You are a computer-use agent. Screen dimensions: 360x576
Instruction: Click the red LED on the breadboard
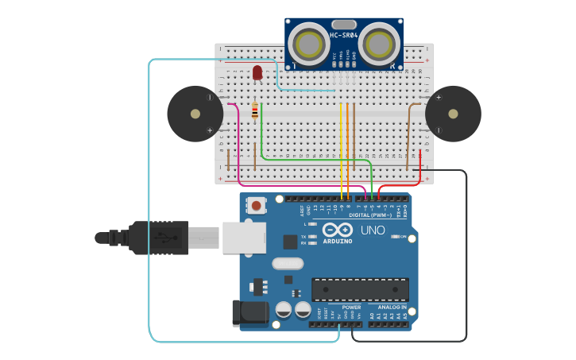coord(257,73)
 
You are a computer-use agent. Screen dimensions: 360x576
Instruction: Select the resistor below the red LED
coord(255,111)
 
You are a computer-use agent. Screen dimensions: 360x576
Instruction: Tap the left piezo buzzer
coord(195,114)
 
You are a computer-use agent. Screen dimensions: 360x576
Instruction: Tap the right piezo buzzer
coord(453,114)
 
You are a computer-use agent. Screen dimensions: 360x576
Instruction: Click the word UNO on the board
coord(373,230)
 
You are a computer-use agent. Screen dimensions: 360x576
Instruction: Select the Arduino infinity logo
coord(337,230)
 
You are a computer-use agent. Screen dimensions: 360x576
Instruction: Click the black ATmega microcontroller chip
coord(360,289)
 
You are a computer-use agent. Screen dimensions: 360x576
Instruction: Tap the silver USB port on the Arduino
coord(244,238)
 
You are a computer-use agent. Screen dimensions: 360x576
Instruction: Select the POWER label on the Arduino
coord(351,307)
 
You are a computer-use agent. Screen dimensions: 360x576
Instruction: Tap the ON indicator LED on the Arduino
coord(395,237)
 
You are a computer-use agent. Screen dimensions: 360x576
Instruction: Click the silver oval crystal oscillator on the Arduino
coord(288,264)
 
